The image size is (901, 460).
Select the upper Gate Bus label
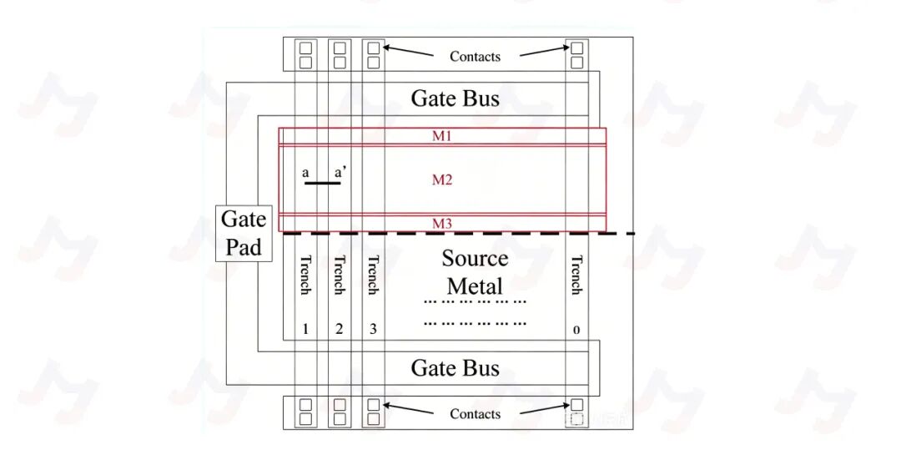click(456, 99)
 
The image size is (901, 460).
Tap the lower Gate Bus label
click(456, 368)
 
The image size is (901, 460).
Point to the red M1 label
click(442, 136)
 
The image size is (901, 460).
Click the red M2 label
click(442, 180)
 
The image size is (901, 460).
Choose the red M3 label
click(442, 224)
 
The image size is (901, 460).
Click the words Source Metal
click(475, 272)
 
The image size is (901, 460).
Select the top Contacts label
click(475, 56)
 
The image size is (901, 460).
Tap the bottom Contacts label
click(475, 414)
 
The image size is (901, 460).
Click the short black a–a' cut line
click(322, 183)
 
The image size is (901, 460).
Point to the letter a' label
click(340, 172)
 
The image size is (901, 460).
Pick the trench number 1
click(305, 329)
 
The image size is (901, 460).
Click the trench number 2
click(339, 329)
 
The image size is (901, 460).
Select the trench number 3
click(373, 329)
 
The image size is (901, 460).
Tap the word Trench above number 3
click(373, 275)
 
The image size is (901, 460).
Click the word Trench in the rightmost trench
click(576, 275)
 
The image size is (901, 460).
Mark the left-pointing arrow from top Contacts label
click(409, 51)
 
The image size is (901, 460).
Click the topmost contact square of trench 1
click(305, 48)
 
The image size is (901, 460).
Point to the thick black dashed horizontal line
click(459, 234)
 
